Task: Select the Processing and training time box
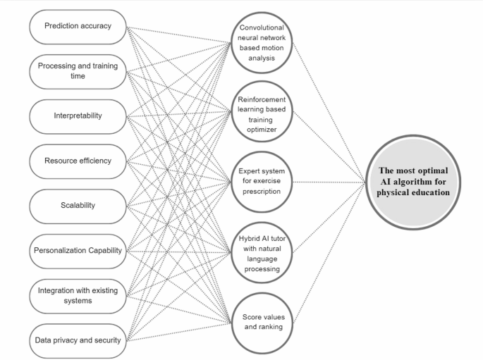(x=78, y=71)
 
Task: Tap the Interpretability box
(x=78, y=115)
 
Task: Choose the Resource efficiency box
(x=78, y=161)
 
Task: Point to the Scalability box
(x=78, y=205)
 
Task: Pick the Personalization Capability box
(x=78, y=250)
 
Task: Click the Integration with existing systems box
(x=78, y=294)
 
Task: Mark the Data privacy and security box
(x=78, y=340)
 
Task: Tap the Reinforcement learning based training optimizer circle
(x=261, y=113)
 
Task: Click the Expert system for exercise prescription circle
(x=261, y=182)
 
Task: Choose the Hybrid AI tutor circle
(x=261, y=249)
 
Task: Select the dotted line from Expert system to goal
(x=328, y=182)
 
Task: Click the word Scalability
(x=78, y=205)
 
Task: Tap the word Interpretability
(x=78, y=115)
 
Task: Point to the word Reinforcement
(x=261, y=99)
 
